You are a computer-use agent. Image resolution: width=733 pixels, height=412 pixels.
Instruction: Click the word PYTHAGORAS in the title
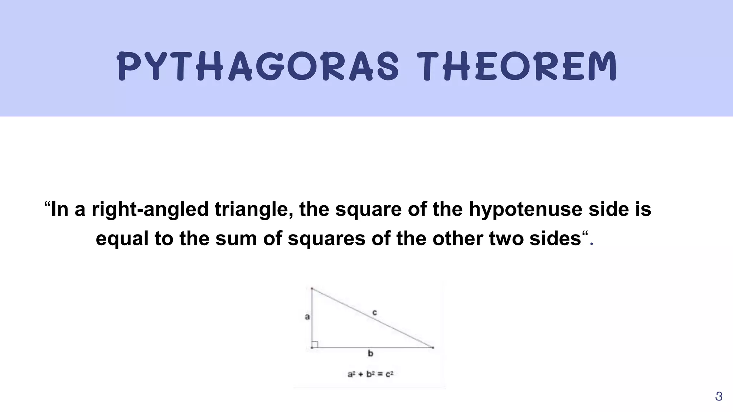click(x=258, y=67)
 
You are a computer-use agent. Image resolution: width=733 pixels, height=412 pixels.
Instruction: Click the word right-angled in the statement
click(x=150, y=210)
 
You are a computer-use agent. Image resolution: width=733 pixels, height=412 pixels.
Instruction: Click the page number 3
click(x=718, y=397)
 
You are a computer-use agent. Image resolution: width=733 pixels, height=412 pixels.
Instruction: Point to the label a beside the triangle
click(x=307, y=317)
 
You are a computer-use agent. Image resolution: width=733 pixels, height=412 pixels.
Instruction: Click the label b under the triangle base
click(x=370, y=354)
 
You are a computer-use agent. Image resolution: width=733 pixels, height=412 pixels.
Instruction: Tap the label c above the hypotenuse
click(x=374, y=313)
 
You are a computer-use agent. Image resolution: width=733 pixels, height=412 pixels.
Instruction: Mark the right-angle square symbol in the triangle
click(x=315, y=344)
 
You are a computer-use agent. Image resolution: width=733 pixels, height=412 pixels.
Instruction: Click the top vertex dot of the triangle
click(x=312, y=288)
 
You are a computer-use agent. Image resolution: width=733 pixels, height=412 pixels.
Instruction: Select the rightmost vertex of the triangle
click(x=433, y=347)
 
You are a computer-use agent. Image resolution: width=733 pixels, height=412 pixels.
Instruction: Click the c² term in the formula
click(x=389, y=374)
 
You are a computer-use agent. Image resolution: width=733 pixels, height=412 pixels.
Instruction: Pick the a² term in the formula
click(x=351, y=374)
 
